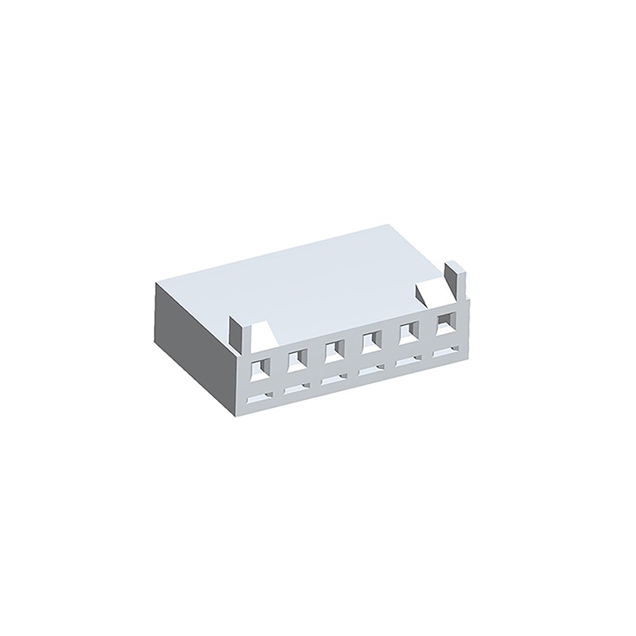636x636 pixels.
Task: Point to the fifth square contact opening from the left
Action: click(409, 334)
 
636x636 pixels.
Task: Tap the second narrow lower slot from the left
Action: click(297, 386)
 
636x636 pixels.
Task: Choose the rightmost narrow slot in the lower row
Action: click(445, 352)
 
